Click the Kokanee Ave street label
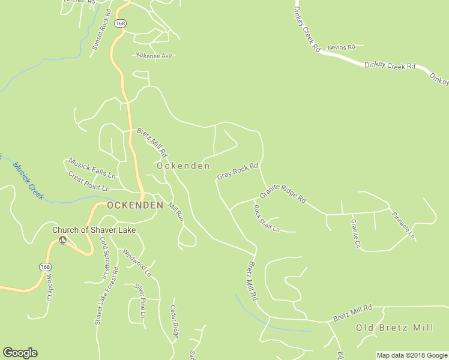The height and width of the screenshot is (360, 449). pos(153,56)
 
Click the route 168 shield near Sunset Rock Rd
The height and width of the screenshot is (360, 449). pos(121,23)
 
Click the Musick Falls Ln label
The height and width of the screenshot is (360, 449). pos(91,169)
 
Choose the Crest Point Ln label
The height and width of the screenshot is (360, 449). pos(89,182)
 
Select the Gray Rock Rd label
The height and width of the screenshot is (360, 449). pos(237,171)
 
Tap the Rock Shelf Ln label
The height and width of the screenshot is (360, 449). pos(266,219)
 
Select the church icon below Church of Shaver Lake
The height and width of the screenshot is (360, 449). pos(62,241)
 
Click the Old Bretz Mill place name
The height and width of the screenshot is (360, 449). pos(394,328)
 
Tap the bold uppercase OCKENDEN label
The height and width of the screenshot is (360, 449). pos(135,205)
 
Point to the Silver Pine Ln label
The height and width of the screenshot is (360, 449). pos(140,296)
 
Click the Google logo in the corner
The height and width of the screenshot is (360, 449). pos(20,353)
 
